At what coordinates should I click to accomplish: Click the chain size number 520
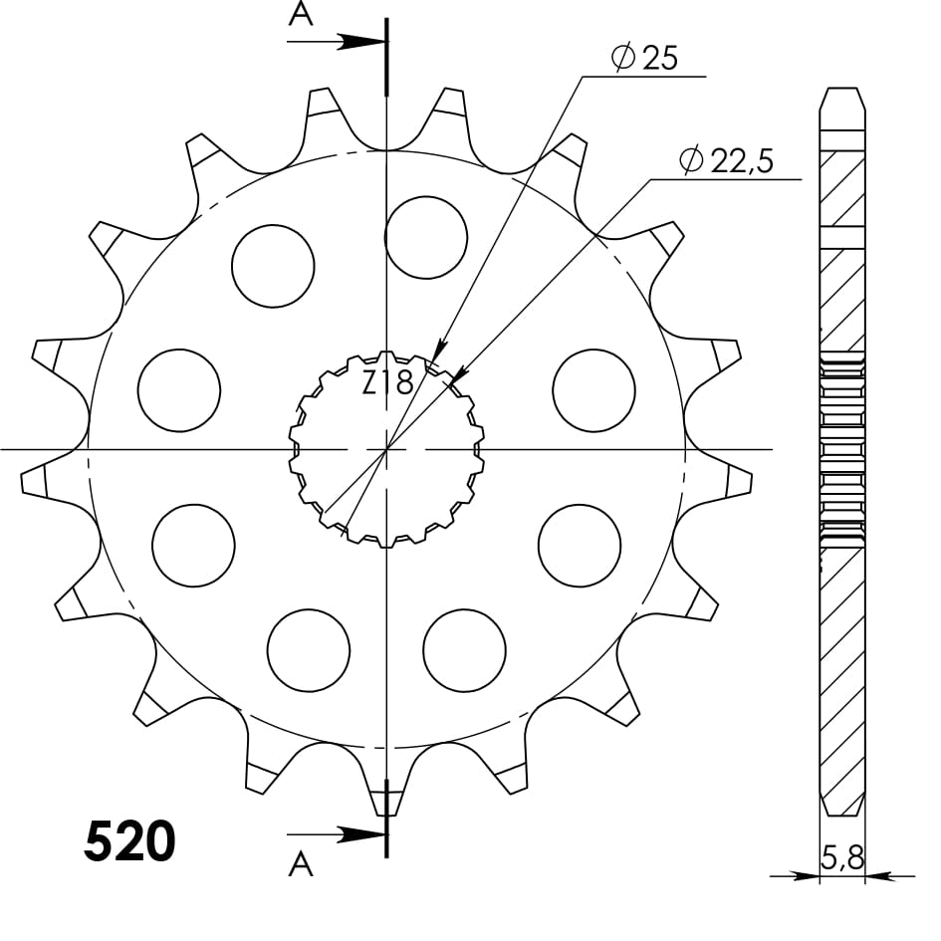pos(130,841)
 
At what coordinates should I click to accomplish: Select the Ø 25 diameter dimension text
pos(645,59)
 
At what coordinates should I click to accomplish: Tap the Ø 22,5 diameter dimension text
pos(727,161)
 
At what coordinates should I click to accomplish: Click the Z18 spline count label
pos(386,382)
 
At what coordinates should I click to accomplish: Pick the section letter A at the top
pos(300,14)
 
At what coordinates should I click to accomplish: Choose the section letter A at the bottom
pos(300,866)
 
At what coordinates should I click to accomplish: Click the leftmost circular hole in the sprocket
pos(178,390)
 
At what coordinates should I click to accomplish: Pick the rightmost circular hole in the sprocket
pos(593,390)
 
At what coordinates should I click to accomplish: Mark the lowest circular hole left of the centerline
pos(309,650)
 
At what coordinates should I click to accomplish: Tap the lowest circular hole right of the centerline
pos(464,650)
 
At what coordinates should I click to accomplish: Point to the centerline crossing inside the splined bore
pos(386,449)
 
